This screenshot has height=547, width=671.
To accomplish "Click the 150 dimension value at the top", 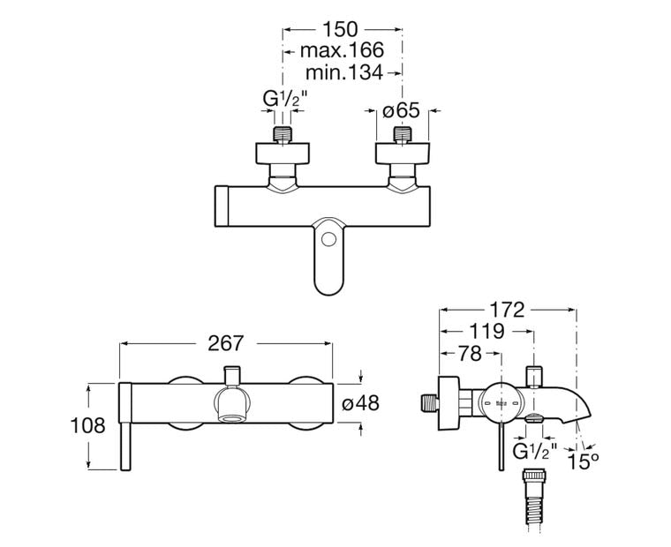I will tap(342, 29).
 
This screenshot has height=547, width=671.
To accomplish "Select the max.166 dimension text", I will tap(342, 51).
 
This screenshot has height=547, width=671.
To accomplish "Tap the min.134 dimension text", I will tap(344, 72).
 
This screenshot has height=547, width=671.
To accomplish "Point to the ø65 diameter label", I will tap(401, 112).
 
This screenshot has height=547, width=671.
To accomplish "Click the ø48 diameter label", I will tap(359, 403).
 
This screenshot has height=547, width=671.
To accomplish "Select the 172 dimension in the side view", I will tap(507, 310).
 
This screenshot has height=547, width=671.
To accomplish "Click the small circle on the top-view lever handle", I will tap(328, 238).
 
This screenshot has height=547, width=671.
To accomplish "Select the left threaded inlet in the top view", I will tap(282, 137).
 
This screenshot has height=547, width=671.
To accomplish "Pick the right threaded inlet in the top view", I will tap(403, 137).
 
